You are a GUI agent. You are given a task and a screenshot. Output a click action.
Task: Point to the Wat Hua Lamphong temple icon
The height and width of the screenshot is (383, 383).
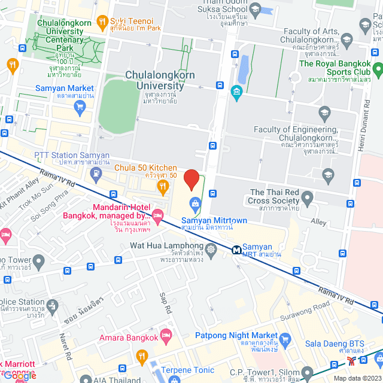point(211,248)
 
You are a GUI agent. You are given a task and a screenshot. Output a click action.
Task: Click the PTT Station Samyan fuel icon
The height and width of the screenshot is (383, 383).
point(96,174)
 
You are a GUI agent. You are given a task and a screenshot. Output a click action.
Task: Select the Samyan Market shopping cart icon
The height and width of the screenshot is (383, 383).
point(80,107)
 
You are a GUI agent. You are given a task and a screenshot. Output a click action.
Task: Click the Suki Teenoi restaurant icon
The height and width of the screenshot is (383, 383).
point(102,22)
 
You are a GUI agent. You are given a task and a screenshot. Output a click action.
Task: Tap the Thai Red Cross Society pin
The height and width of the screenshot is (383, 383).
point(307,197)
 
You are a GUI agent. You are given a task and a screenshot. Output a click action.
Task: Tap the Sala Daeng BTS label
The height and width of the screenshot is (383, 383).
point(355,343)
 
